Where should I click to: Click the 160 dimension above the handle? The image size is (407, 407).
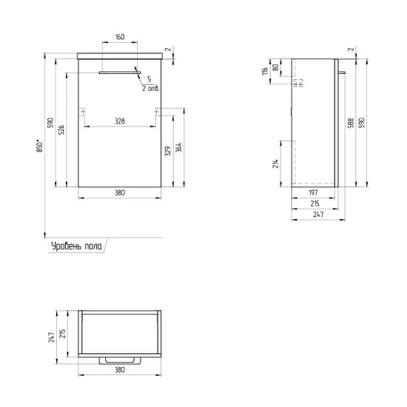tap(120, 37)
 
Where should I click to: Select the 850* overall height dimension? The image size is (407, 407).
tap(40, 146)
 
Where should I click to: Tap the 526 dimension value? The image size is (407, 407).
tap(61, 129)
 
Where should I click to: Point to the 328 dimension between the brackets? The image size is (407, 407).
tap(120, 121)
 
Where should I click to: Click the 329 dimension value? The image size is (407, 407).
tap(168, 151)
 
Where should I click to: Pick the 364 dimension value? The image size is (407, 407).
tap(178, 147)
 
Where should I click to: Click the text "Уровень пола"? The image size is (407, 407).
tap(76, 246)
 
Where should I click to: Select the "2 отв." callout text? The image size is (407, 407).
tap(150, 88)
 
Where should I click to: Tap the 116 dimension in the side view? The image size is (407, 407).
tap(265, 71)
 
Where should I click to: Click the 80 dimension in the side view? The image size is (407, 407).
tap(276, 67)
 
